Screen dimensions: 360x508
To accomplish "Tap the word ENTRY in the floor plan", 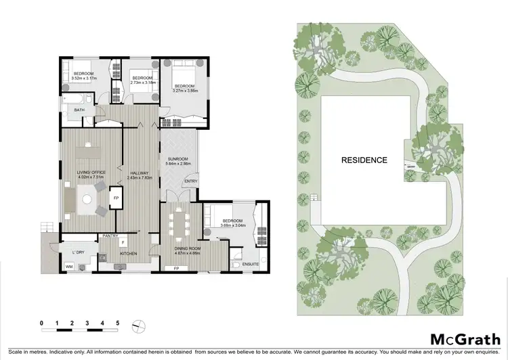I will [x=191, y=181].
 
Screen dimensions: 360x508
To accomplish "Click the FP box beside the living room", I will [x=117, y=198].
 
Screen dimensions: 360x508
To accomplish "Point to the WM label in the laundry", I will [x=68, y=267].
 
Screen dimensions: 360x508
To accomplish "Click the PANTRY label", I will [x=110, y=236].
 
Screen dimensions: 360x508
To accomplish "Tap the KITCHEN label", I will [x=129, y=254].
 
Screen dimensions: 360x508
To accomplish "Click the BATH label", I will [x=79, y=110].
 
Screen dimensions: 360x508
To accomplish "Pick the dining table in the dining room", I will [x=179, y=224].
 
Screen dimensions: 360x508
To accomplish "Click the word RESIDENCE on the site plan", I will [x=364, y=160].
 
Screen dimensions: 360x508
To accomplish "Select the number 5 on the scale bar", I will [x=117, y=323].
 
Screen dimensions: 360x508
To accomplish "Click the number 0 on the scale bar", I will [x=42, y=323].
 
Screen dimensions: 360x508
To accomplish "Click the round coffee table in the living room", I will [x=87, y=198].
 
